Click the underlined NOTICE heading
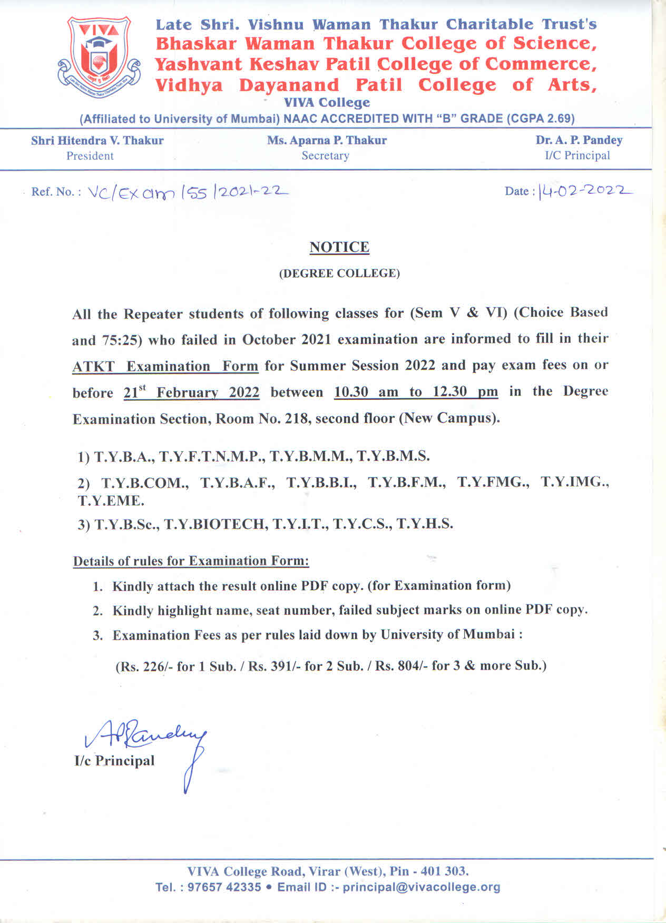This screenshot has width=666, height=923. point(339,247)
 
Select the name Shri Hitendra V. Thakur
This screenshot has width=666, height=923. point(97,141)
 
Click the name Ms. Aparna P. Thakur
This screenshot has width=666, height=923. point(327,141)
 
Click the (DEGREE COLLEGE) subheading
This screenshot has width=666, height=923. point(339,273)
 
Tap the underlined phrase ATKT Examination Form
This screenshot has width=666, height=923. point(165,366)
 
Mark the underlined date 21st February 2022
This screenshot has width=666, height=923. point(191,392)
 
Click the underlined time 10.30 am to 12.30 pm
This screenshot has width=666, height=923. point(416,392)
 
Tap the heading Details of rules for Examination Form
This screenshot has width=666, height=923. point(191,561)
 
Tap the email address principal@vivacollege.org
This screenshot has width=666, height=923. point(421,887)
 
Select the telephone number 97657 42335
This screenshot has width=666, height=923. point(224,887)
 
